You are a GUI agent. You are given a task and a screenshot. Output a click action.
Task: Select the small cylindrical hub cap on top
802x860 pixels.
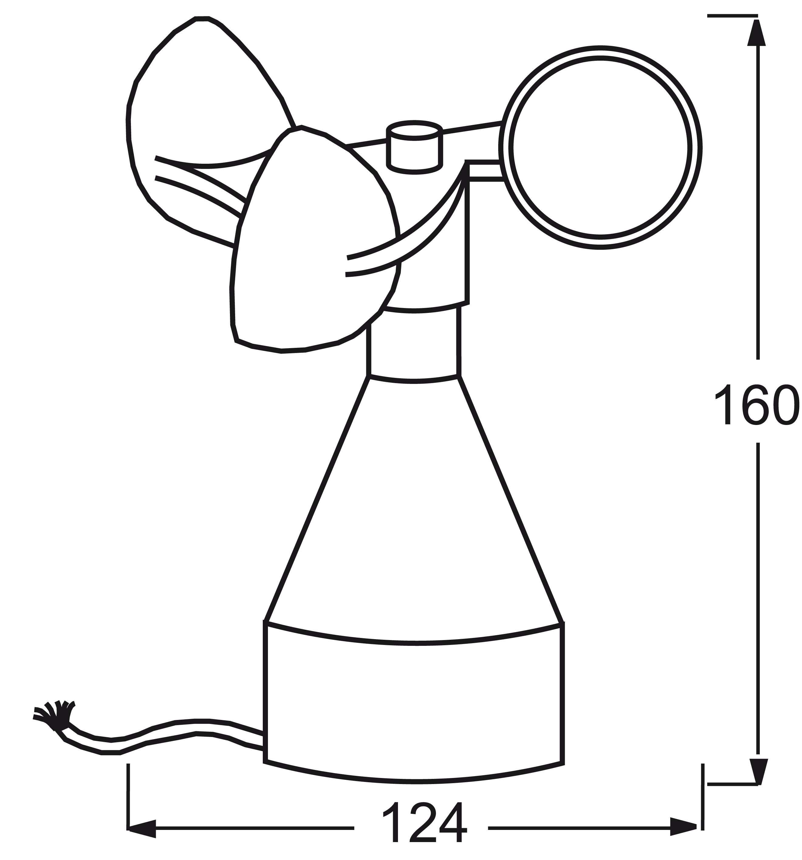pos(414,147)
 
